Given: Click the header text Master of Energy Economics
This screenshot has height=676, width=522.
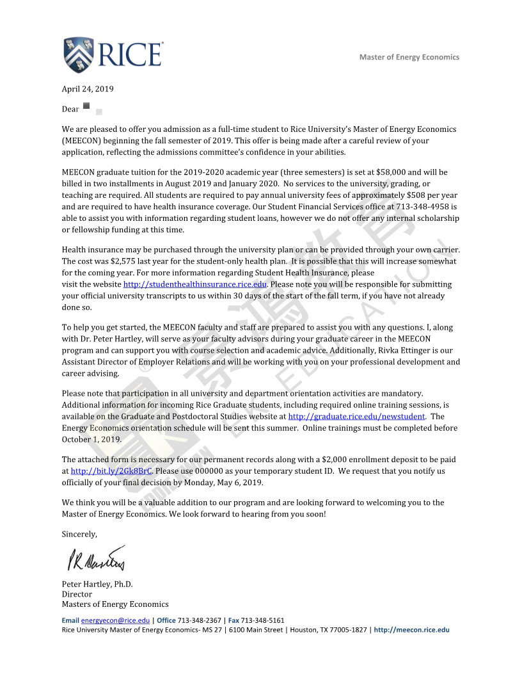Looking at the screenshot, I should [x=409, y=57].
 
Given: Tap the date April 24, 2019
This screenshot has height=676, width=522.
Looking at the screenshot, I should [x=88, y=89].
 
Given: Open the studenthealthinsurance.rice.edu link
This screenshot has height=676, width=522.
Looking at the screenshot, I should [x=194, y=284].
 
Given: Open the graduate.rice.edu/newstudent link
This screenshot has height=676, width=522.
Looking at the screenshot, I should [x=356, y=416].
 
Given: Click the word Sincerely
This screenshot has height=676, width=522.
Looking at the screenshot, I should [x=79, y=534].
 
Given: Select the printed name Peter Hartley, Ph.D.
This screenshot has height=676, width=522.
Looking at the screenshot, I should [x=97, y=584].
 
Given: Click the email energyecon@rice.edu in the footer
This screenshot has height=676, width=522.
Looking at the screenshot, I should [x=115, y=620].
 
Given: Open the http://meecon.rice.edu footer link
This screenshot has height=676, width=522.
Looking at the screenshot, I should [x=411, y=630].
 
